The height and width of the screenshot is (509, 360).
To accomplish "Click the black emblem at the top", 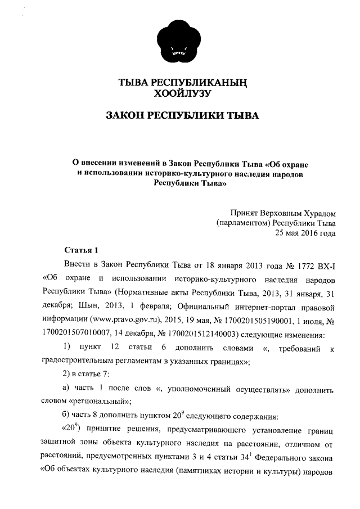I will point(179,38).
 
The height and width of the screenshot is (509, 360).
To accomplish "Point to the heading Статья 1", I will point(81,250).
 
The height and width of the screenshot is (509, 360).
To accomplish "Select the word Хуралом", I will point(315,213).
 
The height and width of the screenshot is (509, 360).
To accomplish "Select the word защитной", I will point(60,443).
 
